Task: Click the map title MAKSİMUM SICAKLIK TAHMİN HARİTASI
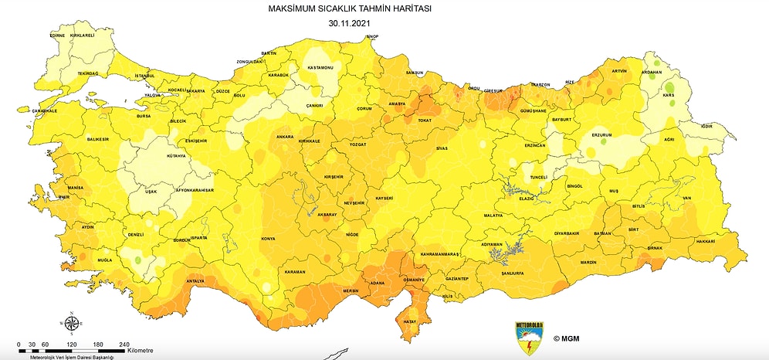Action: (351, 9)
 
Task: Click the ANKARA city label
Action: (283, 138)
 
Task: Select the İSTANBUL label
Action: (144, 76)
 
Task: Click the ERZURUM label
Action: (601, 134)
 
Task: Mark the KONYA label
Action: (269, 239)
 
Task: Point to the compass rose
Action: (70, 323)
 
